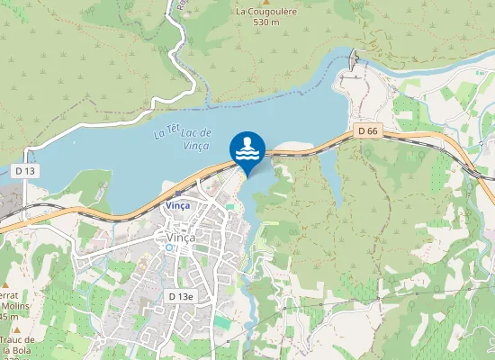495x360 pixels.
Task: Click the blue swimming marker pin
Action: [x=247, y=148]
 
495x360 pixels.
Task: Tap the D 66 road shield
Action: [x=366, y=130]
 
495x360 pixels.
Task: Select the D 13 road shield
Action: [x=25, y=170]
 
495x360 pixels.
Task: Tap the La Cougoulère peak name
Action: [x=267, y=12]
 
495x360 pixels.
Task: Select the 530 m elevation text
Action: [x=267, y=22]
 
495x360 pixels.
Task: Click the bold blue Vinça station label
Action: [x=177, y=205]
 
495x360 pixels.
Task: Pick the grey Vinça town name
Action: [x=183, y=237]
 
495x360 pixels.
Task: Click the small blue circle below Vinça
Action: [x=169, y=247]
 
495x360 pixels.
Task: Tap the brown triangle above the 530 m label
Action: [x=266, y=3]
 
